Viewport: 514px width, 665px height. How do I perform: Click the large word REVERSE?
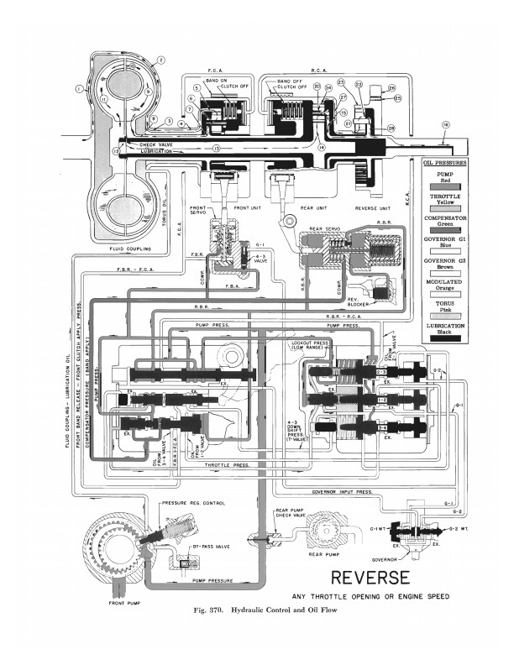tap(370, 578)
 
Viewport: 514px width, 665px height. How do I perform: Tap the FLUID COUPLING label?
tap(126, 249)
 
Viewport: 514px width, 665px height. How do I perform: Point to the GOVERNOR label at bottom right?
tap(391, 557)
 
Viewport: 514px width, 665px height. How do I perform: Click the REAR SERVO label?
tap(322, 228)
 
